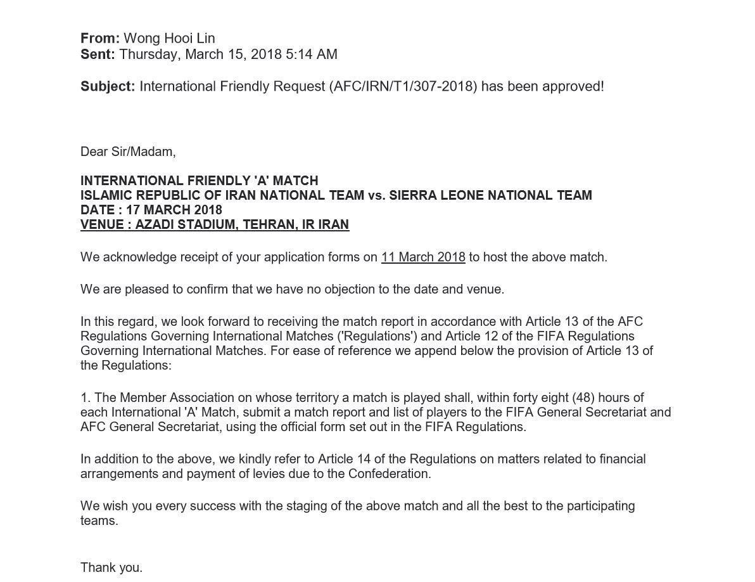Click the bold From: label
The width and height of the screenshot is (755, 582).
(100, 39)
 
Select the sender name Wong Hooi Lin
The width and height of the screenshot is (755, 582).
(169, 39)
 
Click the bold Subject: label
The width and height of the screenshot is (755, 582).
(108, 86)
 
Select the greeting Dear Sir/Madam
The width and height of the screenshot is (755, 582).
(128, 152)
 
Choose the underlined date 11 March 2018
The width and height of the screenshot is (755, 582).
(423, 257)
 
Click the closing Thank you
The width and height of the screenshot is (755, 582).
(111, 567)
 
